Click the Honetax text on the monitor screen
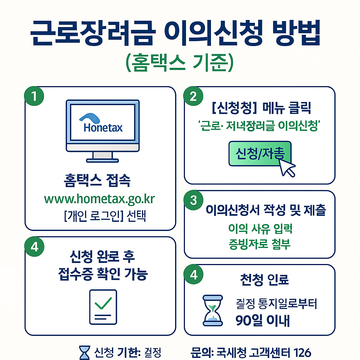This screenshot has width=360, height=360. click(103, 127)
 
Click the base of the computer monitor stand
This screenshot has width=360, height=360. click(103, 160)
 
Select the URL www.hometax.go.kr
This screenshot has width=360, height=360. click(99, 199)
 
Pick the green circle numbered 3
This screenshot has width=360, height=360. click(193, 200)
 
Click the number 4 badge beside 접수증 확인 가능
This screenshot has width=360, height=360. click(34, 246)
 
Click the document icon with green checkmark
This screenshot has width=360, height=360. click(103, 307)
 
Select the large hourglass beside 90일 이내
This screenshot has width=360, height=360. click(213, 310)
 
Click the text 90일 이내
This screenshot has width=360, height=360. click(263, 321)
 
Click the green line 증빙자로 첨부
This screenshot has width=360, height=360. click(259, 244)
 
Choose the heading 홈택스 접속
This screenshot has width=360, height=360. click(97, 182)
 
